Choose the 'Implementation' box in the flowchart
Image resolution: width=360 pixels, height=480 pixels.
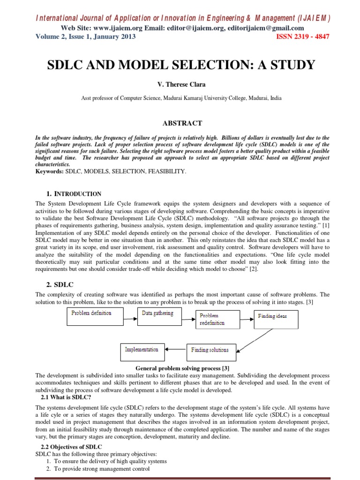coord(142,350)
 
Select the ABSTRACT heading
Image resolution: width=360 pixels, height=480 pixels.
coord(182,123)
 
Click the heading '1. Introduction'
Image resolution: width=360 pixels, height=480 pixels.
coord(74,194)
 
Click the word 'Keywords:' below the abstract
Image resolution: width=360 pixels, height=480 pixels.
coord(50,172)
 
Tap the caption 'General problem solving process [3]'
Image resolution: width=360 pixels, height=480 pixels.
coord(182,369)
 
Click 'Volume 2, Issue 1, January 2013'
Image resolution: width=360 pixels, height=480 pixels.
coord(86,37)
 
